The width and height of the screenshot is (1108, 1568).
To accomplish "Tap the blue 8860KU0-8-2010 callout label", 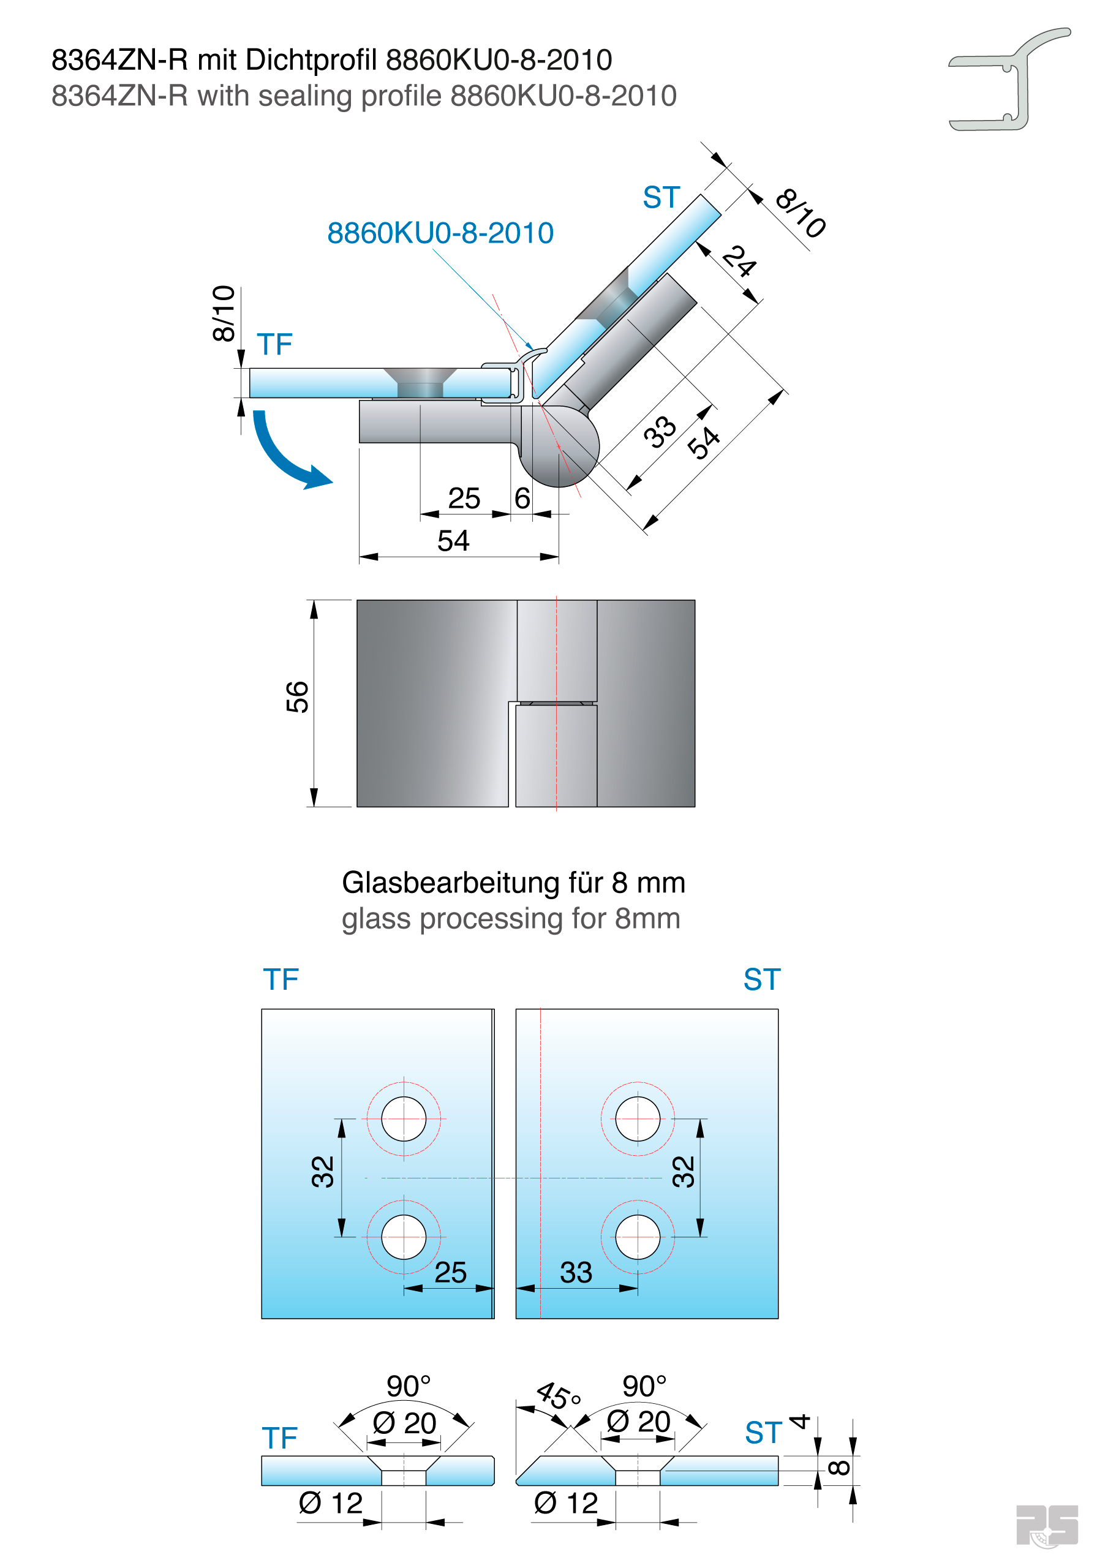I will pos(440,233).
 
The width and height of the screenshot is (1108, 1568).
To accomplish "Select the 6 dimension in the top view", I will pos(522,499).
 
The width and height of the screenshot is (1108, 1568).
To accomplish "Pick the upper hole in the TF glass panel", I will pos(403,1118).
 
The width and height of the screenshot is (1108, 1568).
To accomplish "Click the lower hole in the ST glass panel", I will pos(638,1237).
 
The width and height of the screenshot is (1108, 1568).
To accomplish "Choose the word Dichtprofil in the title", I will pos(311,60).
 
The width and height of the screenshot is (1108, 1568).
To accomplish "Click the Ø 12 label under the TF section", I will pos(331,1503).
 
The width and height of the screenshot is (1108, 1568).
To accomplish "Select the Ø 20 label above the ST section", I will pos(638,1422).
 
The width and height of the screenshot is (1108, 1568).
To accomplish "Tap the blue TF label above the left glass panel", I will pos(281,979).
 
